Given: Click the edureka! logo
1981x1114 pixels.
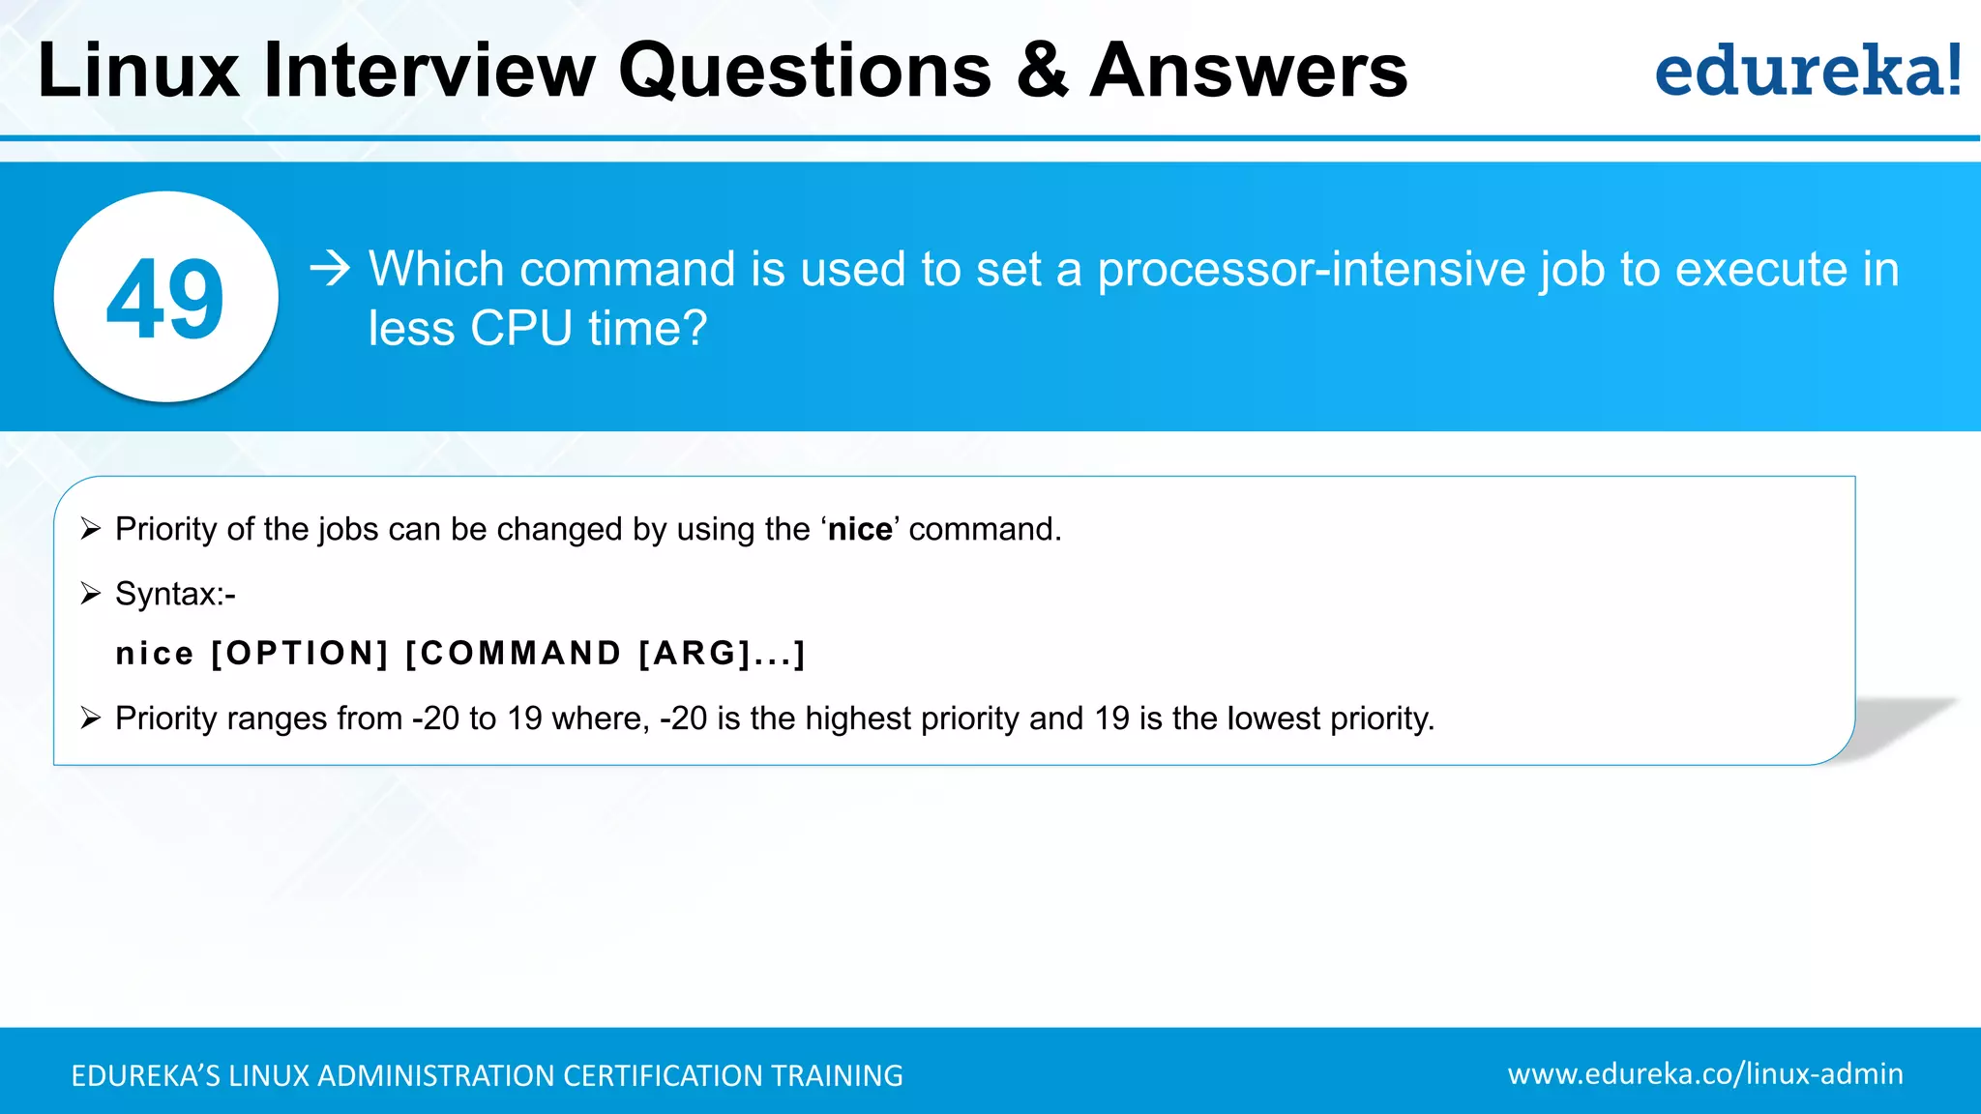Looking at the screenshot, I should point(1807,72).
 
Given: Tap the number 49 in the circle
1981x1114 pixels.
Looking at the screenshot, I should point(165,299).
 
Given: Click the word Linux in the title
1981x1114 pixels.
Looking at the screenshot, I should point(138,72).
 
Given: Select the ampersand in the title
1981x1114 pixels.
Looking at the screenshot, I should point(1042,72).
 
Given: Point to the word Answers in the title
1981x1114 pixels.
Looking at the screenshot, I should point(1249,72).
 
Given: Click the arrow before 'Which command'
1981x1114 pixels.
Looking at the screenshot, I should point(330,268).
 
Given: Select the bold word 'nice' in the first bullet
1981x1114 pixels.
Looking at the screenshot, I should point(860,530).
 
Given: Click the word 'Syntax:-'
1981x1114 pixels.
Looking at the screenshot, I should point(175,594).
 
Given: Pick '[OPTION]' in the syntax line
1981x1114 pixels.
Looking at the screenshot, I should point(300,654).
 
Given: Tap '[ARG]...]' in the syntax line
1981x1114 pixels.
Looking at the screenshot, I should point(722,654).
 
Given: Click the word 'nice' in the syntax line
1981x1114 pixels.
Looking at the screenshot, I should point(155,655).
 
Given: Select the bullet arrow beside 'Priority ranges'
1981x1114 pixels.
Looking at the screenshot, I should point(91,718).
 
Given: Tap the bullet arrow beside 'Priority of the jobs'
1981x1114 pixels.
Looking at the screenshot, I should point(91,529).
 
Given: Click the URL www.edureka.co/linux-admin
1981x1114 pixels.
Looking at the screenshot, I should point(1705,1073).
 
